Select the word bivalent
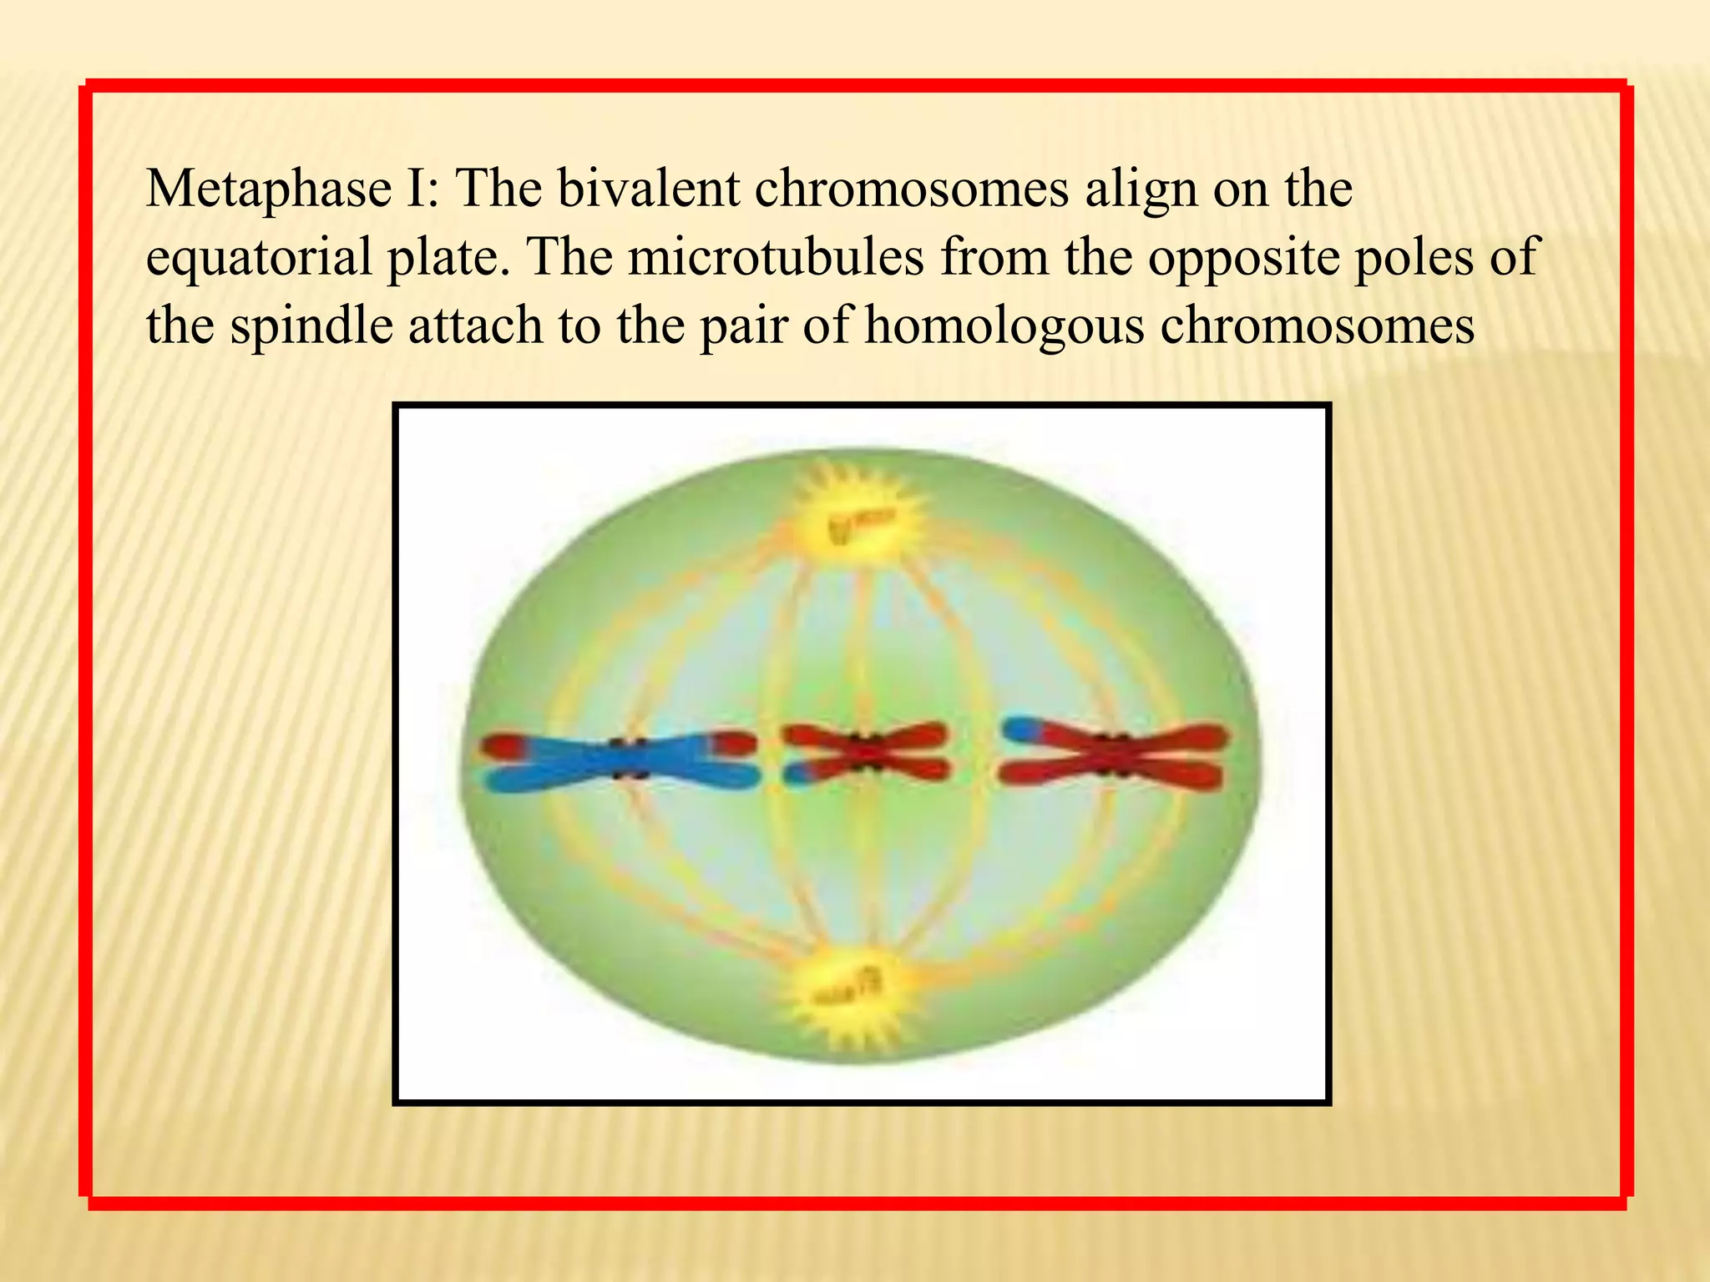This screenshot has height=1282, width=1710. (x=648, y=188)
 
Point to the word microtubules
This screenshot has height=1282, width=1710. (x=776, y=255)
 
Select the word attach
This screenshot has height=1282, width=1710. (x=476, y=325)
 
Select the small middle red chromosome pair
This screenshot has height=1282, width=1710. (x=865, y=753)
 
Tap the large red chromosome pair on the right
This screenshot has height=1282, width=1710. (x=1116, y=756)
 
